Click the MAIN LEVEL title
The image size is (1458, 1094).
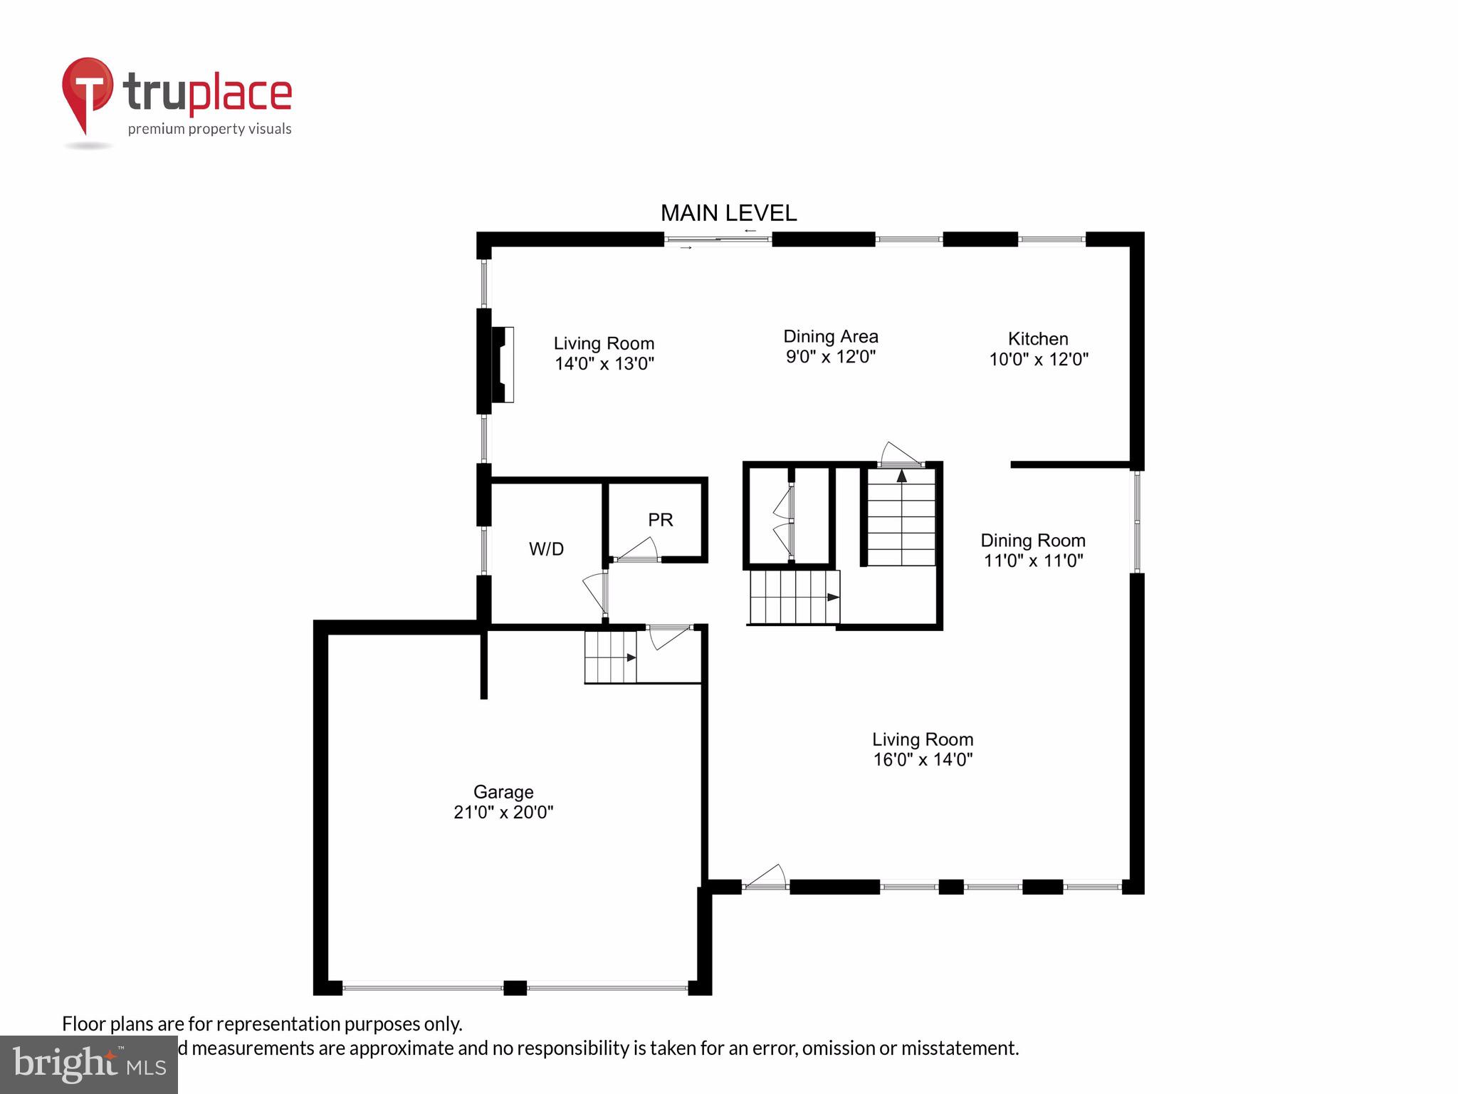(x=728, y=213)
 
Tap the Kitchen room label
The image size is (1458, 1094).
(x=1038, y=339)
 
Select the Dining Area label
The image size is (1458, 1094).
(x=830, y=336)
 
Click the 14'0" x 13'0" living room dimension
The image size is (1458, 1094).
(x=604, y=364)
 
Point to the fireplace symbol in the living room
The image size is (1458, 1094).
(x=503, y=365)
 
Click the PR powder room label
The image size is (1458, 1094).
(x=660, y=520)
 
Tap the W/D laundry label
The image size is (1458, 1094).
(x=546, y=549)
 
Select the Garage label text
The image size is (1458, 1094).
(x=503, y=792)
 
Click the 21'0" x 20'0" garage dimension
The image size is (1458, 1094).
(x=503, y=813)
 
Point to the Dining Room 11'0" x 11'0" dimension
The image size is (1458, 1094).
(x=1033, y=561)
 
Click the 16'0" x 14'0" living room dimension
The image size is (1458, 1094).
(x=923, y=760)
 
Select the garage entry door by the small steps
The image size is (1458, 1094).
(x=669, y=636)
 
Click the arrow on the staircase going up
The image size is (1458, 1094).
(x=901, y=475)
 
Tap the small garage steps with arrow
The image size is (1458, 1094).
(x=611, y=657)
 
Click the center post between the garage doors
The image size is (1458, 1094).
(x=515, y=988)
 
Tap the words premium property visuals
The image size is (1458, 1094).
(x=209, y=129)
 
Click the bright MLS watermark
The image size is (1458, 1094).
(x=89, y=1064)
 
